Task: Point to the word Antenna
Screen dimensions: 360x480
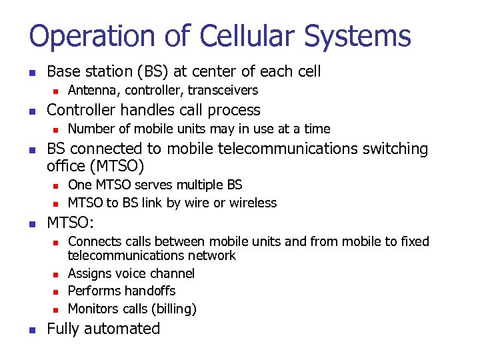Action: coord(91,90)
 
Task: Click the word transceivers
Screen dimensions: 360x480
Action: coord(223,90)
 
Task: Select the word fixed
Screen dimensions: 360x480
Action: coord(415,241)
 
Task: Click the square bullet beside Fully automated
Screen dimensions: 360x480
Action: coord(32,329)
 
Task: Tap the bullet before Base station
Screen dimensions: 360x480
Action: coord(32,72)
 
